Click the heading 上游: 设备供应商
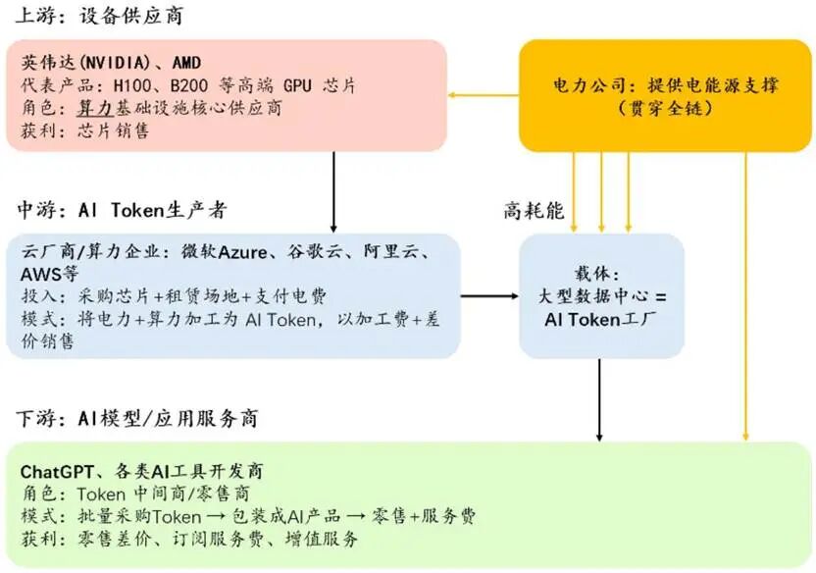point(99,18)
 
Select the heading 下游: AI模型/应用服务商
point(136,419)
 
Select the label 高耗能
point(535,210)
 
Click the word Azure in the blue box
point(242,252)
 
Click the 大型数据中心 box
point(601,295)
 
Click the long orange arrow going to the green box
point(747,294)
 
